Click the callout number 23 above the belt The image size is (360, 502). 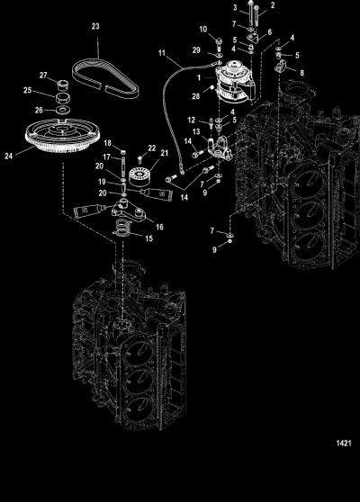pos(95,26)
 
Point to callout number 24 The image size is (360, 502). pos(9,157)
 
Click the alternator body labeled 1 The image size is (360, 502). pos(236,81)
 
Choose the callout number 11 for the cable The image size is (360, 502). pos(162,52)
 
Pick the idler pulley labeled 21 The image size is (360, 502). pos(140,177)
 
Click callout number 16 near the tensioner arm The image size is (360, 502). pos(159,227)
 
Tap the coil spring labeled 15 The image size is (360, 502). pos(124,228)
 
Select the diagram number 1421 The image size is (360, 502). pos(344,444)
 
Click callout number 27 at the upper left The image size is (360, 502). pos(43,76)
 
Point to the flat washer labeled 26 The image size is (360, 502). pos(63,111)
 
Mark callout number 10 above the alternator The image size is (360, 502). pos(203,30)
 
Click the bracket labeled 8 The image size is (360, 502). pos(281,67)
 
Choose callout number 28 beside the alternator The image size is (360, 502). pos(195,96)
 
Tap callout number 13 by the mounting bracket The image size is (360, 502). pos(196,131)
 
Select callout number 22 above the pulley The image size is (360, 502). pos(152,148)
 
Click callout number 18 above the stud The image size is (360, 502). pos(107,143)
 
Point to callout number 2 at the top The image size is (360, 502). pos(273,5)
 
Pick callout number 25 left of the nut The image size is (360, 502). pos(28,90)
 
